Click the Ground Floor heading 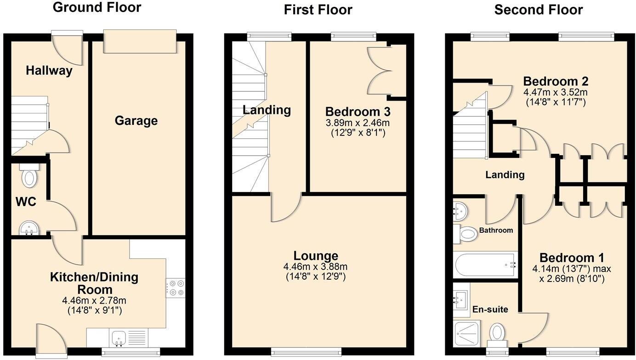click(97, 7)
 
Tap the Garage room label click(136, 121)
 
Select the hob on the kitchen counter click(175, 288)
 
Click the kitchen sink click(119, 338)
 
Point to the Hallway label click(49, 71)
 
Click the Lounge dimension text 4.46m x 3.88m click(316, 267)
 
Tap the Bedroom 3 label click(358, 112)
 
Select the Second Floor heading click(538, 10)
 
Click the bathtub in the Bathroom click(485, 265)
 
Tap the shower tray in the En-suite click(467, 333)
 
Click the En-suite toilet click(497, 333)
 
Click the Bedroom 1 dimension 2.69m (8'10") click(572, 279)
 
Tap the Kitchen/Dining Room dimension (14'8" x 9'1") click(94, 310)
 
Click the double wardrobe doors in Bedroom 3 click(380, 70)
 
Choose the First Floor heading click(318, 10)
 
